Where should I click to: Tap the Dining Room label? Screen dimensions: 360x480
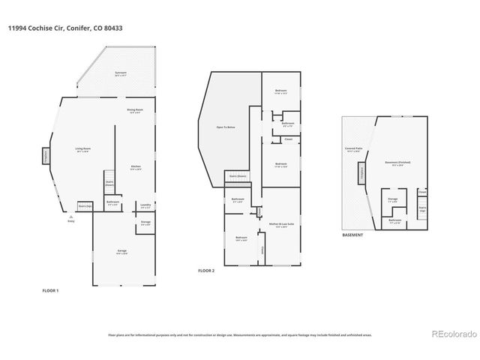[135, 111]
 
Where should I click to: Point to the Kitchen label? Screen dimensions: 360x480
[136, 167]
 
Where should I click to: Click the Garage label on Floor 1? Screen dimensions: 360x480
[121, 250]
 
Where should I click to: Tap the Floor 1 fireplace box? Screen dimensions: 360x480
[44, 157]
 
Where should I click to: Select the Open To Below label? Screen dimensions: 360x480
[226, 127]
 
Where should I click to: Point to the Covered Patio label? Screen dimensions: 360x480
[354, 149]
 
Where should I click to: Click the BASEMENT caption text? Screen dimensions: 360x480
[352, 235]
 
